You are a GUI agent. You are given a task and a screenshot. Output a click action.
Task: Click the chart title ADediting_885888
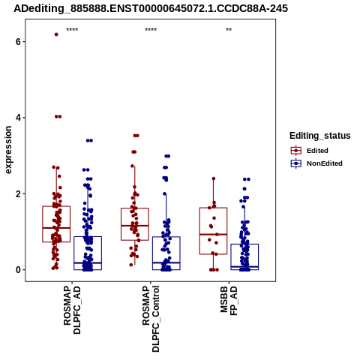click(151, 8)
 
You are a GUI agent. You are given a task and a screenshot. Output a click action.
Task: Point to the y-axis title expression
click(8, 150)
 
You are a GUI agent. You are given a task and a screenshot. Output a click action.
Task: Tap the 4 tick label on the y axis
click(18, 118)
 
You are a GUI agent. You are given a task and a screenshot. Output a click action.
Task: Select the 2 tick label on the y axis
click(18, 193)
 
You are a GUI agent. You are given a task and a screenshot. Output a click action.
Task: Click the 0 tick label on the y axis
click(18, 270)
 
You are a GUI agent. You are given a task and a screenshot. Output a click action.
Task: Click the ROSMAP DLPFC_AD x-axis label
click(72, 310)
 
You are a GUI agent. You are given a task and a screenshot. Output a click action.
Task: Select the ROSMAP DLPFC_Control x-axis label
click(151, 319)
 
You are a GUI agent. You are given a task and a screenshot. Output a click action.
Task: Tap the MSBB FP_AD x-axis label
click(229, 301)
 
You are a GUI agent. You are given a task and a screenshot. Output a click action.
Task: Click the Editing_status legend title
click(320, 136)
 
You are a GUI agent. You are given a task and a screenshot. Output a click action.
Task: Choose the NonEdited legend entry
click(316, 163)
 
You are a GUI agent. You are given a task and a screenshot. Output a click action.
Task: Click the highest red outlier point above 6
click(56, 34)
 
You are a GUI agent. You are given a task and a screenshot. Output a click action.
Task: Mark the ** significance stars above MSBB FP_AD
click(229, 30)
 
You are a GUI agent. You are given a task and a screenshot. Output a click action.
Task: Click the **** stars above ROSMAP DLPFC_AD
click(72, 30)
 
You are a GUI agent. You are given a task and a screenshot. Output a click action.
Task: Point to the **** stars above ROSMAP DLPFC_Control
click(151, 30)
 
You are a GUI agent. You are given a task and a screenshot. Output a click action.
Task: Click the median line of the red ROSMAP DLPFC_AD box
click(56, 228)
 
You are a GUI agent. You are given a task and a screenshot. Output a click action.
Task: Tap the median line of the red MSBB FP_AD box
click(213, 234)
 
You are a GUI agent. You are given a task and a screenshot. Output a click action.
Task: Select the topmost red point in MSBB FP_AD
click(214, 178)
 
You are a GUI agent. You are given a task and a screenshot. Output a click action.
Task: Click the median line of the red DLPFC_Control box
click(135, 226)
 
